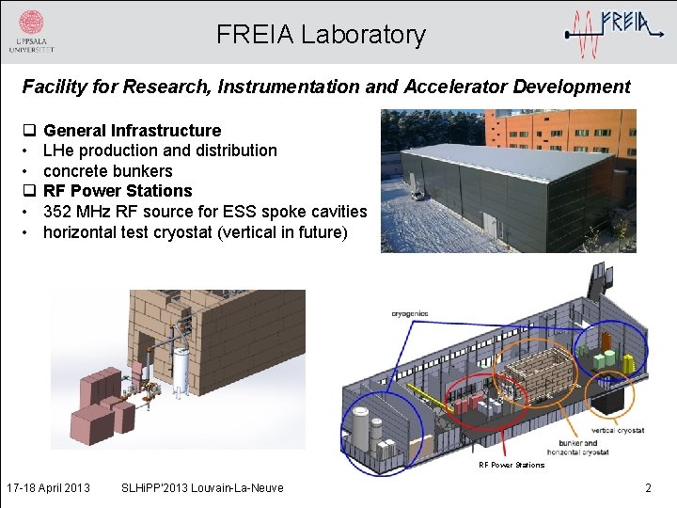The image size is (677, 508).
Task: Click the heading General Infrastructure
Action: [132, 131]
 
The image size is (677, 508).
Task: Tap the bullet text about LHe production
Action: [160, 151]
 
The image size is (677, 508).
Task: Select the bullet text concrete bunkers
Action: [107, 171]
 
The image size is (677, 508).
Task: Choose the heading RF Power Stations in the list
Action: [118, 191]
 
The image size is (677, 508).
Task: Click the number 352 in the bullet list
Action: [60, 212]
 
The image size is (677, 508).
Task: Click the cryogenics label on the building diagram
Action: [409, 313]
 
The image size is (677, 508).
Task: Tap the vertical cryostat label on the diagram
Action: [617, 431]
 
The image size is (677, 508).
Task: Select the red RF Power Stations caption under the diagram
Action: [511, 465]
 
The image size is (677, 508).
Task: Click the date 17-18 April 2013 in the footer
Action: [48, 487]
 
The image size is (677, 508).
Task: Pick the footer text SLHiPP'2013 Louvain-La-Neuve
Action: [202, 487]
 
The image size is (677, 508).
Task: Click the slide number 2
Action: [647, 487]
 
